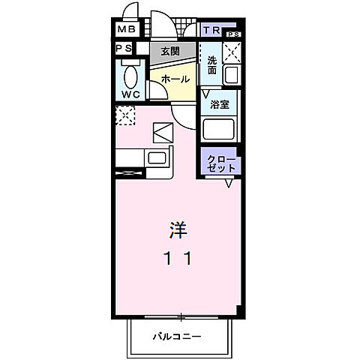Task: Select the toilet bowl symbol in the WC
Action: pyautogui.click(x=132, y=77)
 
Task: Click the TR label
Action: pyautogui.click(x=211, y=31)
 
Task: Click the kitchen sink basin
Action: pyautogui.click(x=158, y=158)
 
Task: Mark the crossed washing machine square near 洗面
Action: pyautogui.click(x=232, y=52)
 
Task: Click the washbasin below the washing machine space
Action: pyautogui.click(x=232, y=74)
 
